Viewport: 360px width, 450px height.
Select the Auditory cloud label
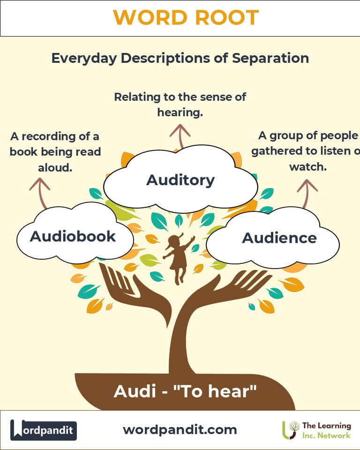pos(180,180)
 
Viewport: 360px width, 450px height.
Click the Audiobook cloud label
pos(73,236)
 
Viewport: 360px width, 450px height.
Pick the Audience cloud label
pos(279,238)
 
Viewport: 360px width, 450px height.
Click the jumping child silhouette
pos(178,258)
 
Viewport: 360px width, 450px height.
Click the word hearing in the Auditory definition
pos(180,112)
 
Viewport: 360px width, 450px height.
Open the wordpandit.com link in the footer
pos(180,429)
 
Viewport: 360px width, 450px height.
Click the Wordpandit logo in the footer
pos(44,430)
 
